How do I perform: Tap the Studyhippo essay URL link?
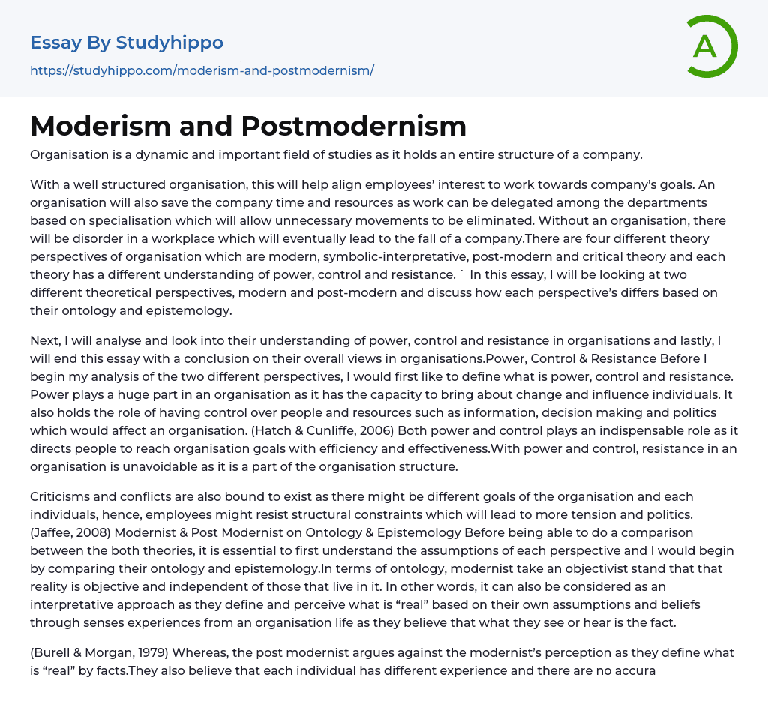pyautogui.click(x=202, y=71)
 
